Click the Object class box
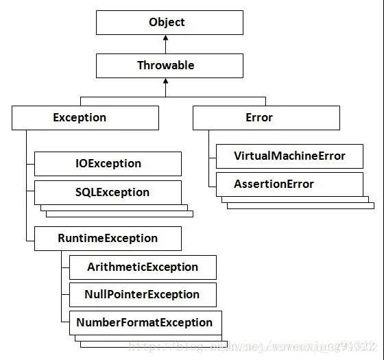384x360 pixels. point(169,22)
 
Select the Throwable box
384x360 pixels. point(169,66)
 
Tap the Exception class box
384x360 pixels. point(85,118)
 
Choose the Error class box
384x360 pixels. point(266,118)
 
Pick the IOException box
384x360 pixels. point(108,163)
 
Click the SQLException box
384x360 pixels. point(108,192)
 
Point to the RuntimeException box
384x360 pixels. point(108,239)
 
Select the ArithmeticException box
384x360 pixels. point(143,267)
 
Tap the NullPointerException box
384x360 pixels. point(143,295)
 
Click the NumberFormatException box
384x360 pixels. point(145,322)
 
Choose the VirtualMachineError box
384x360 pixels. point(289,156)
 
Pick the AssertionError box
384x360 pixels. point(289,184)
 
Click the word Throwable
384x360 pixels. point(165,66)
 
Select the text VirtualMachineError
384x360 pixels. point(289,156)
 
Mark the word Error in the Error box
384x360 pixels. point(259,118)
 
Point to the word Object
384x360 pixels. point(167,22)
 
